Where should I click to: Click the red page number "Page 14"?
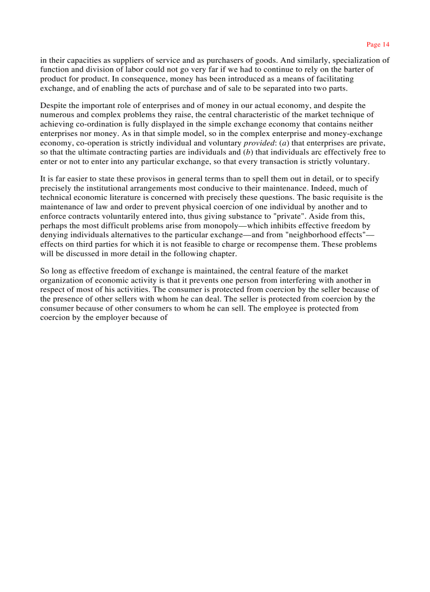[x=378, y=44]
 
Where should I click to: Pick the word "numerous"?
[x=55, y=115]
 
